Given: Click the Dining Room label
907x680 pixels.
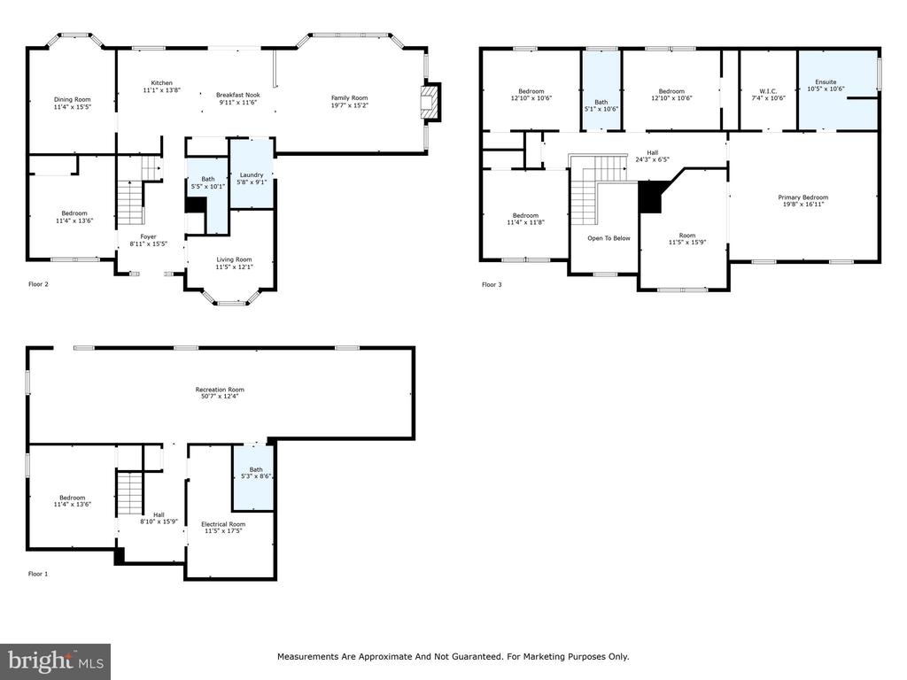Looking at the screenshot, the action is point(73,99).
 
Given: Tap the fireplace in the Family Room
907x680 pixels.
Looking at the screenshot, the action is point(431,103).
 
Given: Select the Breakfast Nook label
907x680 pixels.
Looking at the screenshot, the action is point(238,95).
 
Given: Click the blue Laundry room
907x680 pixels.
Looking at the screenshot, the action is point(252,173).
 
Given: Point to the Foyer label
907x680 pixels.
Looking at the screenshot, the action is point(148,236).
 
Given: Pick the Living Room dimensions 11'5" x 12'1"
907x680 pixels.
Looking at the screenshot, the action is point(234,267).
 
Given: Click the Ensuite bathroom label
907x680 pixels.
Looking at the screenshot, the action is point(826,82).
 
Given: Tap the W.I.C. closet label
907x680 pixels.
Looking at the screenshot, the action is point(768,91).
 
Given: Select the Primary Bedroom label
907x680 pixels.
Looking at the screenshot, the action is point(802,197).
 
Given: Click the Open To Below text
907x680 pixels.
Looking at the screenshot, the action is point(609,238).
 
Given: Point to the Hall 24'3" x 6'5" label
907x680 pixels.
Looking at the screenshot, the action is point(653,156).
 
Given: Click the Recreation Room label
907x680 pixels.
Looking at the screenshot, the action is point(220,390).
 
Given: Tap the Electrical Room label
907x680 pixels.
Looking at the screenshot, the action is point(223,524).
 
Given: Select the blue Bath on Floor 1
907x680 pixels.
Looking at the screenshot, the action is point(252,477).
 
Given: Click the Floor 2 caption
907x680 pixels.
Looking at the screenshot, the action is point(38,284).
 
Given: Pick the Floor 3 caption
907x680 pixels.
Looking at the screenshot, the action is point(492,284).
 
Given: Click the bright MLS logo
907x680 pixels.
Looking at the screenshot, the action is point(56,661).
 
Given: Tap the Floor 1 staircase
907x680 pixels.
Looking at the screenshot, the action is point(130,492).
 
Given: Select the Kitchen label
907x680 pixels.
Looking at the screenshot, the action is point(162,83).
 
